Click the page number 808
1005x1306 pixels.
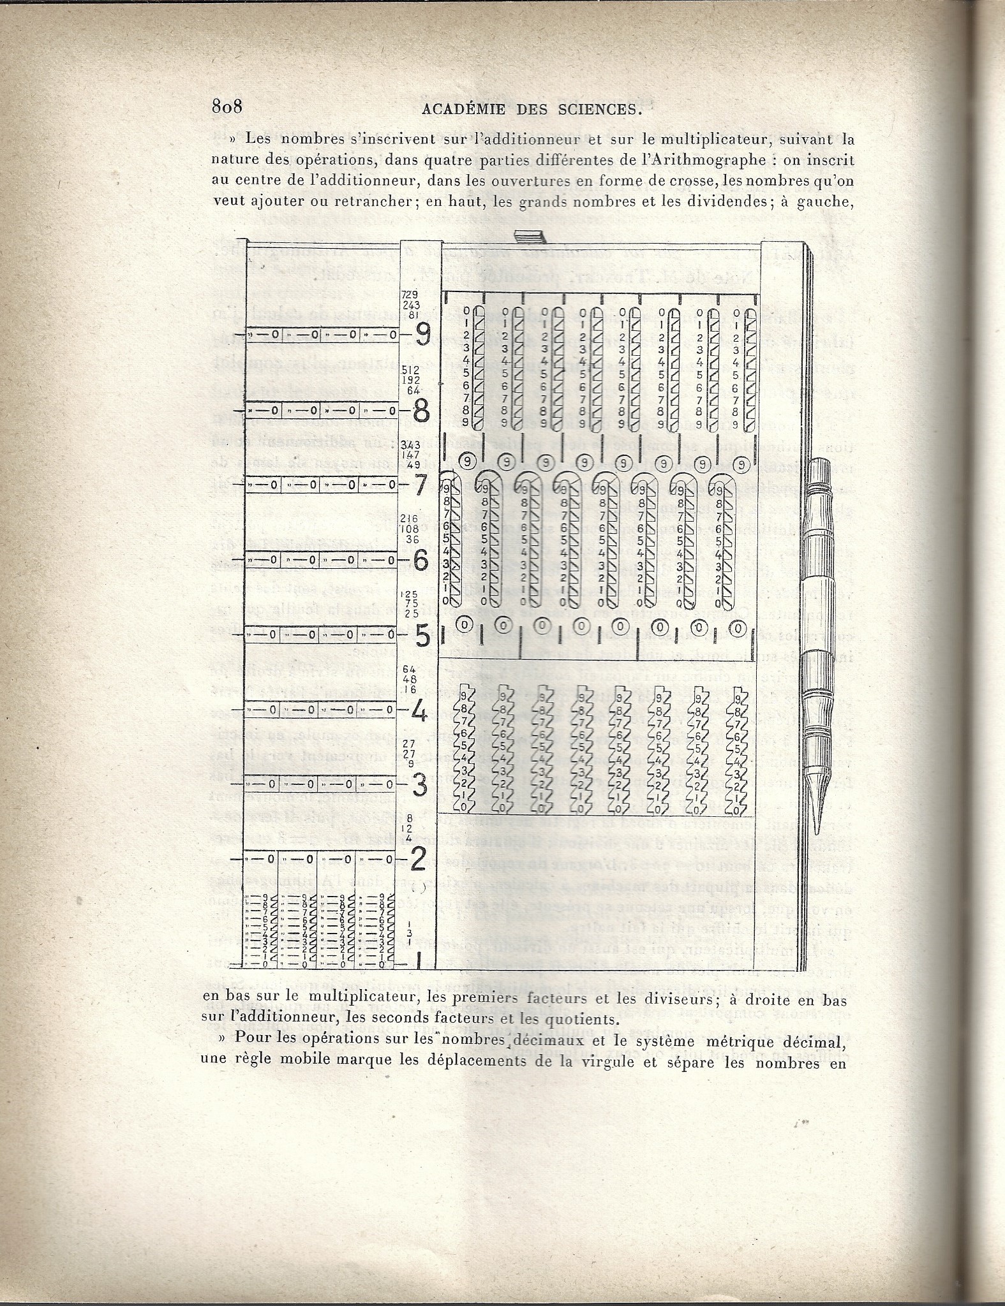point(227,106)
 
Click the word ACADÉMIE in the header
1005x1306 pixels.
point(463,109)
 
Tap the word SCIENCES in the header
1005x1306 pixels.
point(600,109)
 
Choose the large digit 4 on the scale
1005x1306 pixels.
point(419,711)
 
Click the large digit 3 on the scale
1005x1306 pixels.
point(420,786)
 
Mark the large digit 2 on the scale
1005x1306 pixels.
point(419,861)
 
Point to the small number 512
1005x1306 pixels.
point(410,369)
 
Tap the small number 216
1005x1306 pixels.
point(410,520)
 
